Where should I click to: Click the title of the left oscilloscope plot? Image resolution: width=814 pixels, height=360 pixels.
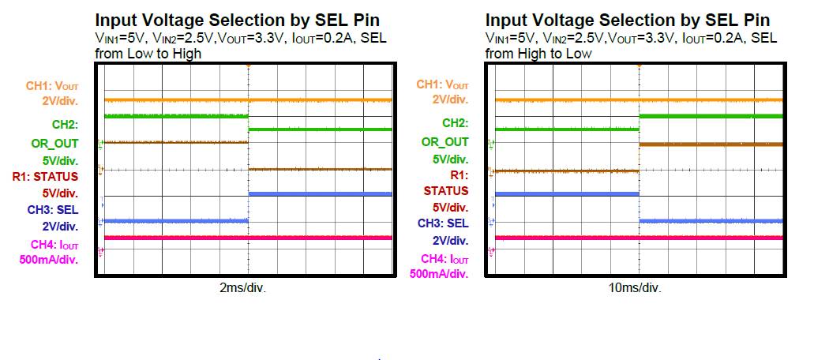coord(237,21)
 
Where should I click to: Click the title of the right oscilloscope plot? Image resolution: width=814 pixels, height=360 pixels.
coord(628,21)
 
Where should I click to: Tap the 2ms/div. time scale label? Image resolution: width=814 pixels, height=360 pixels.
coord(242,288)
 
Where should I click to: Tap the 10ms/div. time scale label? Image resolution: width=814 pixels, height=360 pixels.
coord(635,288)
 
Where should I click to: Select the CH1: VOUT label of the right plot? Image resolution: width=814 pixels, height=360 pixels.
coord(442,84)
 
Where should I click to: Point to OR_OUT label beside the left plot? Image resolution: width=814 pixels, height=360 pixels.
coord(58,143)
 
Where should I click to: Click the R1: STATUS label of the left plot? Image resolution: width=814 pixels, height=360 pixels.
coord(45,176)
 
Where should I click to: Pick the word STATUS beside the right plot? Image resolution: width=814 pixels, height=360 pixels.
coord(446,191)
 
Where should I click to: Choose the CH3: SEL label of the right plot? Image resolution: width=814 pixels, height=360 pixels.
coord(443,223)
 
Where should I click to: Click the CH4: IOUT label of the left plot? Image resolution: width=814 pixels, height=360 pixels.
coord(54,245)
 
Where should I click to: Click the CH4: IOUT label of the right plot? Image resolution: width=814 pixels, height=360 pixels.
coord(445,258)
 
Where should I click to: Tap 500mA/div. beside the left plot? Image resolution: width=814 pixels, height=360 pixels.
coord(49,260)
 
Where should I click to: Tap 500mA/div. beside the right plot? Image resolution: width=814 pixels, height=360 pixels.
coord(439,273)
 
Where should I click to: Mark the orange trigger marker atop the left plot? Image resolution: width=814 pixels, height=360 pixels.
coord(249,66)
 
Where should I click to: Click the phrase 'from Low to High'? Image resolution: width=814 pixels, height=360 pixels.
coord(148,54)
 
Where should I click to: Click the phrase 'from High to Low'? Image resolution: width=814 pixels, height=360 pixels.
coord(538,54)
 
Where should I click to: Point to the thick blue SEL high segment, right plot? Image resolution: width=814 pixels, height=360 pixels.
coord(567,193)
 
